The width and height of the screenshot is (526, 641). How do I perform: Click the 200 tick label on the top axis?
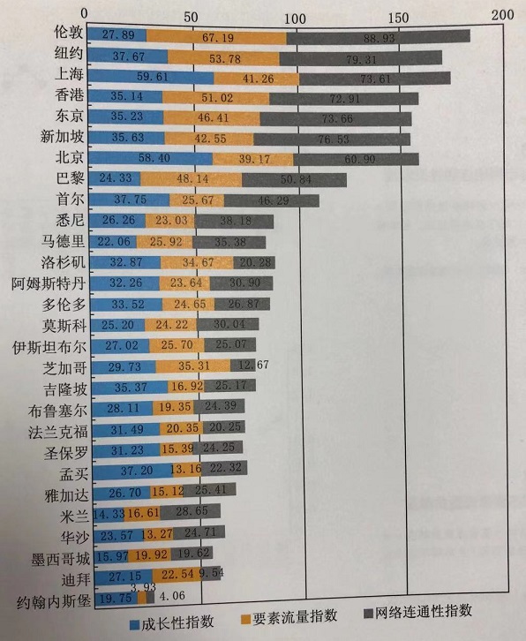pyautogui.click(x=502, y=13)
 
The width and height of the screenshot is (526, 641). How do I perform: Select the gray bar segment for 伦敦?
pyautogui.click(x=378, y=36)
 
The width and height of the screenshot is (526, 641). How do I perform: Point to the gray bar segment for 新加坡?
pyautogui.click(x=331, y=139)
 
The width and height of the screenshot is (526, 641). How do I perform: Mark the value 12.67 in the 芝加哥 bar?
pyautogui.click(x=244, y=366)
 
